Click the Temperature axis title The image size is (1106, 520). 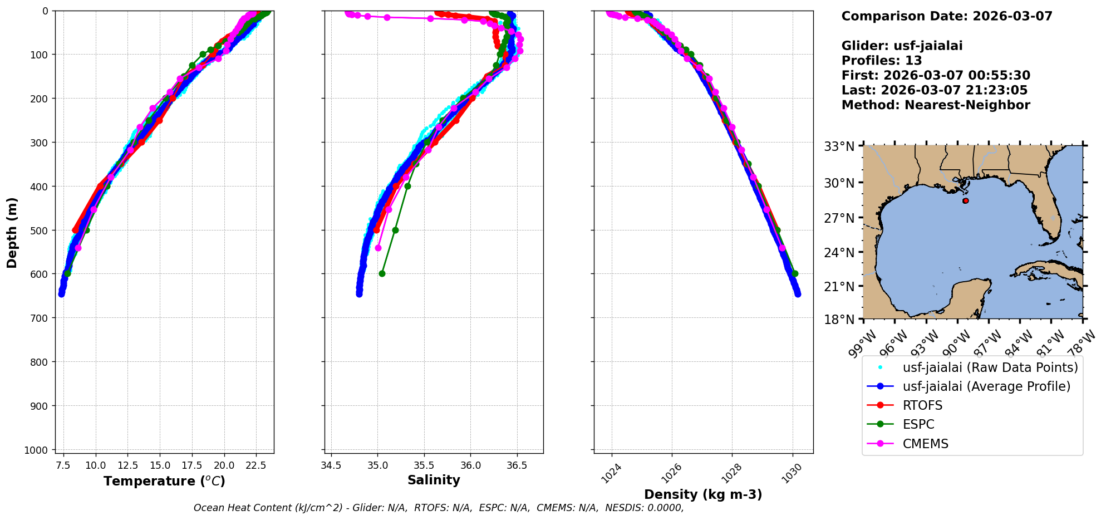[164, 481]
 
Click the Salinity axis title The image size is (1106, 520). [434, 480]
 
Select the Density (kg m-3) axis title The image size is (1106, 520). [703, 494]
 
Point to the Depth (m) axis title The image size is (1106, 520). [12, 232]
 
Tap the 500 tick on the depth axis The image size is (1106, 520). [41, 230]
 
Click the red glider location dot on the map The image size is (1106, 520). [966, 200]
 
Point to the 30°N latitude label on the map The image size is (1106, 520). [839, 183]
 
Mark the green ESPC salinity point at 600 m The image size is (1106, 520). [382, 273]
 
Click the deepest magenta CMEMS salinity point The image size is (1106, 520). [378, 248]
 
